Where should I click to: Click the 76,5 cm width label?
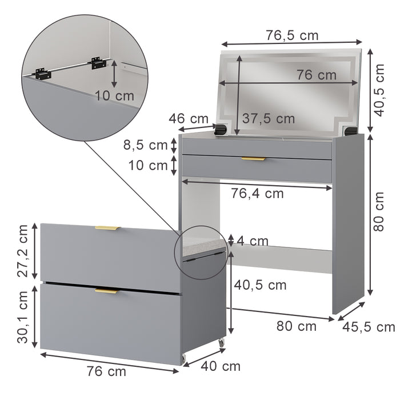pos(292,35)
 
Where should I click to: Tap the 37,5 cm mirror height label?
pos(268,119)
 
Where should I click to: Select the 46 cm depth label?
pos(189,119)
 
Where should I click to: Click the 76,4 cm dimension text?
pos(257,194)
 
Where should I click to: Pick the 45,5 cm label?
pos(369,327)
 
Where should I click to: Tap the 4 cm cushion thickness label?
pos(252,241)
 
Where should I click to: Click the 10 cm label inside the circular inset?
pos(114,95)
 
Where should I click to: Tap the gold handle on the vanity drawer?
pos(253,158)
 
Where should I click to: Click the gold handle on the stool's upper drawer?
pos(107,228)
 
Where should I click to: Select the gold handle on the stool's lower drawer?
pos(107,291)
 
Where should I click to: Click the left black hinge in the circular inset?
pos(39,74)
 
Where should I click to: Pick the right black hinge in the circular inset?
pos(97,62)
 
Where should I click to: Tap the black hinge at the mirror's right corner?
pos(351,132)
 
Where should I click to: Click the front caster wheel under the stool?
pos(185,358)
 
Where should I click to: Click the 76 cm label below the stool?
pos(106,371)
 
